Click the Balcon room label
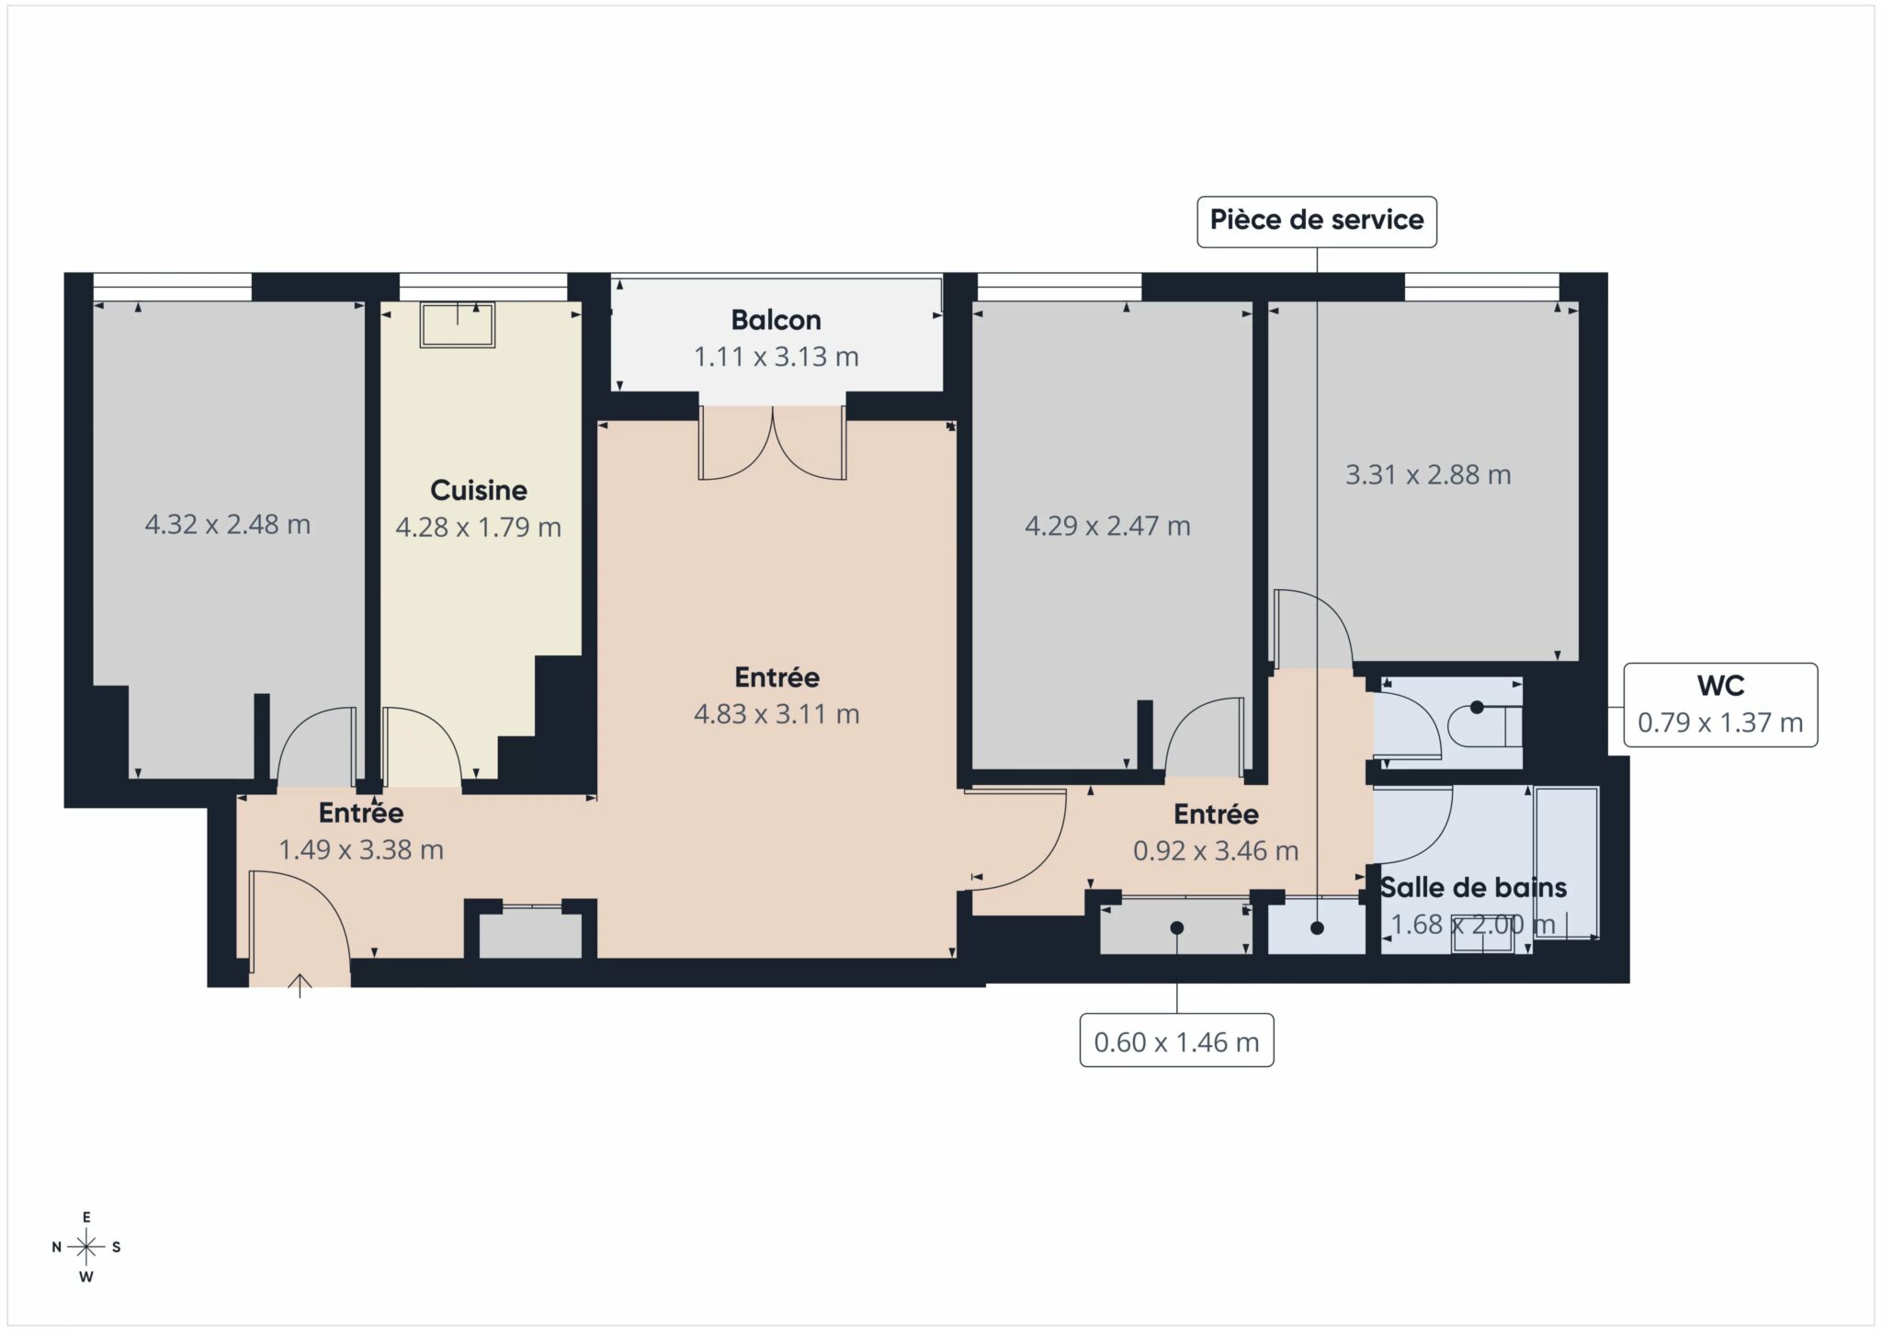point(776,320)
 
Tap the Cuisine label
point(478,490)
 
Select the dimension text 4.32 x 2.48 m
point(227,524)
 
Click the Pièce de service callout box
point(1316,221)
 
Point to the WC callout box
point(1719,704)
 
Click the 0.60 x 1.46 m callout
point(1175,1041)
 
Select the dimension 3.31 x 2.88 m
point(1427,474)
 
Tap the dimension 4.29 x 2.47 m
point(1106,526)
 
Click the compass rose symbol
point(86,1246)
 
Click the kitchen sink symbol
point(458,324)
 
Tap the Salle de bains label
point(1473,887)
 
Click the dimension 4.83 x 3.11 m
point(776,713)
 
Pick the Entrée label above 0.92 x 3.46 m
point(1215,813)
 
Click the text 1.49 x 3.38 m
point(360,849)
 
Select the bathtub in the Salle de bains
point(1566,862)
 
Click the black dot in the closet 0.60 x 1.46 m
point(1176,927)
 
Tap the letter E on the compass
point(86,1217)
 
